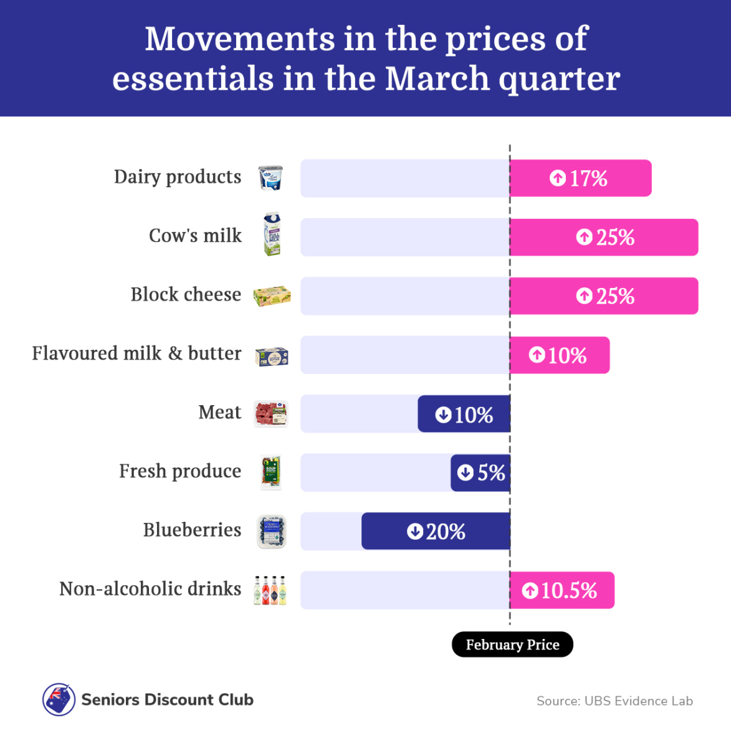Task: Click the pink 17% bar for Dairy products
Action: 580,178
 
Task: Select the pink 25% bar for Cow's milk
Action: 603,237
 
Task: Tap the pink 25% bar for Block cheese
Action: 603,296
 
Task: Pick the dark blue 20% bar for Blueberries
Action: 436,531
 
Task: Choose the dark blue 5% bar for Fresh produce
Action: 480,472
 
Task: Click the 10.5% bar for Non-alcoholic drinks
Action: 561,590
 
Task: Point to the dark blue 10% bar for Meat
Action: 464,414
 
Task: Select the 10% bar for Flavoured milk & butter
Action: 559,355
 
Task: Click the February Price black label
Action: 512,645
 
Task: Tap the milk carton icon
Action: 272,235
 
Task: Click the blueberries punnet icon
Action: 272,531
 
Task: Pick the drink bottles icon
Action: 270,590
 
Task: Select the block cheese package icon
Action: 272,296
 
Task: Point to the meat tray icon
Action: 271,413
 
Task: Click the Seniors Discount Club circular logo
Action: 59,699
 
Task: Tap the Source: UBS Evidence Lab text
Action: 614,701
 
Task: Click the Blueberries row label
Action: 192,530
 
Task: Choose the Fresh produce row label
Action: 180,471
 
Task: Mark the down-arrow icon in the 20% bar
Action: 415,532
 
